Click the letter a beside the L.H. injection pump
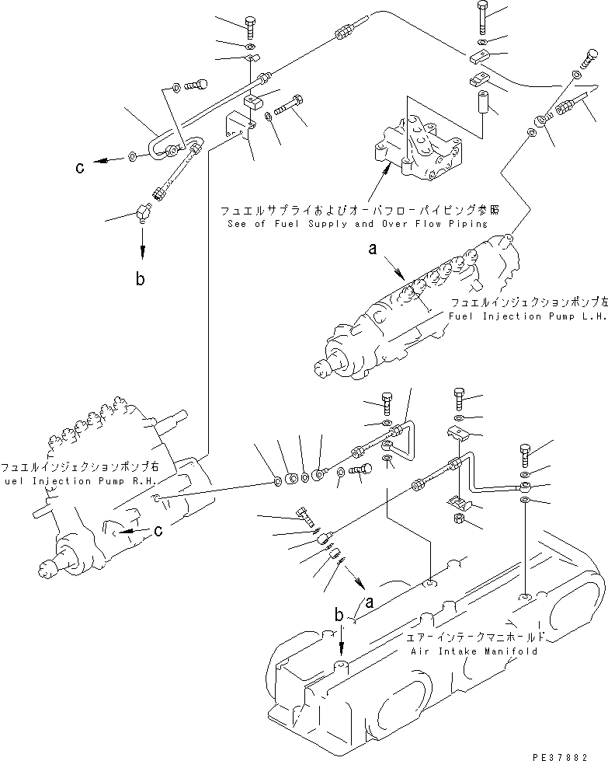373,250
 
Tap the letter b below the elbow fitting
141,278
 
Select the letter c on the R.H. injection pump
158,531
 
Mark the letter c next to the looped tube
80,166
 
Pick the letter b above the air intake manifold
339,615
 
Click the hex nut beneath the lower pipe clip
459,517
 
